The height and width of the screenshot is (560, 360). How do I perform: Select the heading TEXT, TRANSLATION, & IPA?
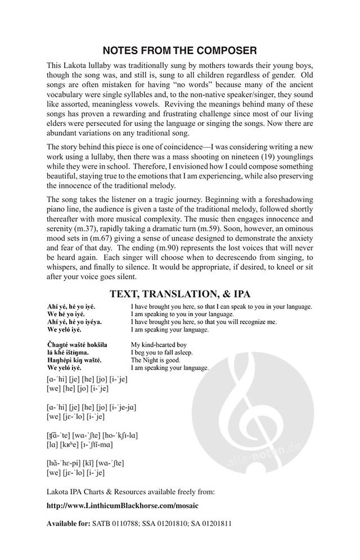(x=180, y=293)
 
